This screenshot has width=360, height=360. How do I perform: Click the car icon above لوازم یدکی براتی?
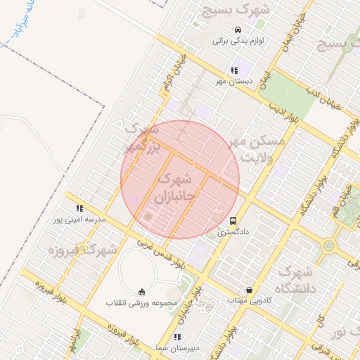[238, 30]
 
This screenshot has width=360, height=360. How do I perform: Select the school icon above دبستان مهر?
[233, 70]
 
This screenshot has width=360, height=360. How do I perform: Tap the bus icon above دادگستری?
[233, 219]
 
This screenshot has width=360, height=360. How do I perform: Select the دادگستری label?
[231, 231]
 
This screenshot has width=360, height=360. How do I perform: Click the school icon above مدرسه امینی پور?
[79, 208]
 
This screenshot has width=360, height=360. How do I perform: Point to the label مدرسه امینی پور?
[79, 220]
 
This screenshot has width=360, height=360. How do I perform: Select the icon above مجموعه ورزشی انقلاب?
[141, 292]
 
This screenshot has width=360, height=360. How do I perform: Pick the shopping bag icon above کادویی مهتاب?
[249, 290]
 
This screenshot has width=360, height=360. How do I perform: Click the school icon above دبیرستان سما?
[177, 337]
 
